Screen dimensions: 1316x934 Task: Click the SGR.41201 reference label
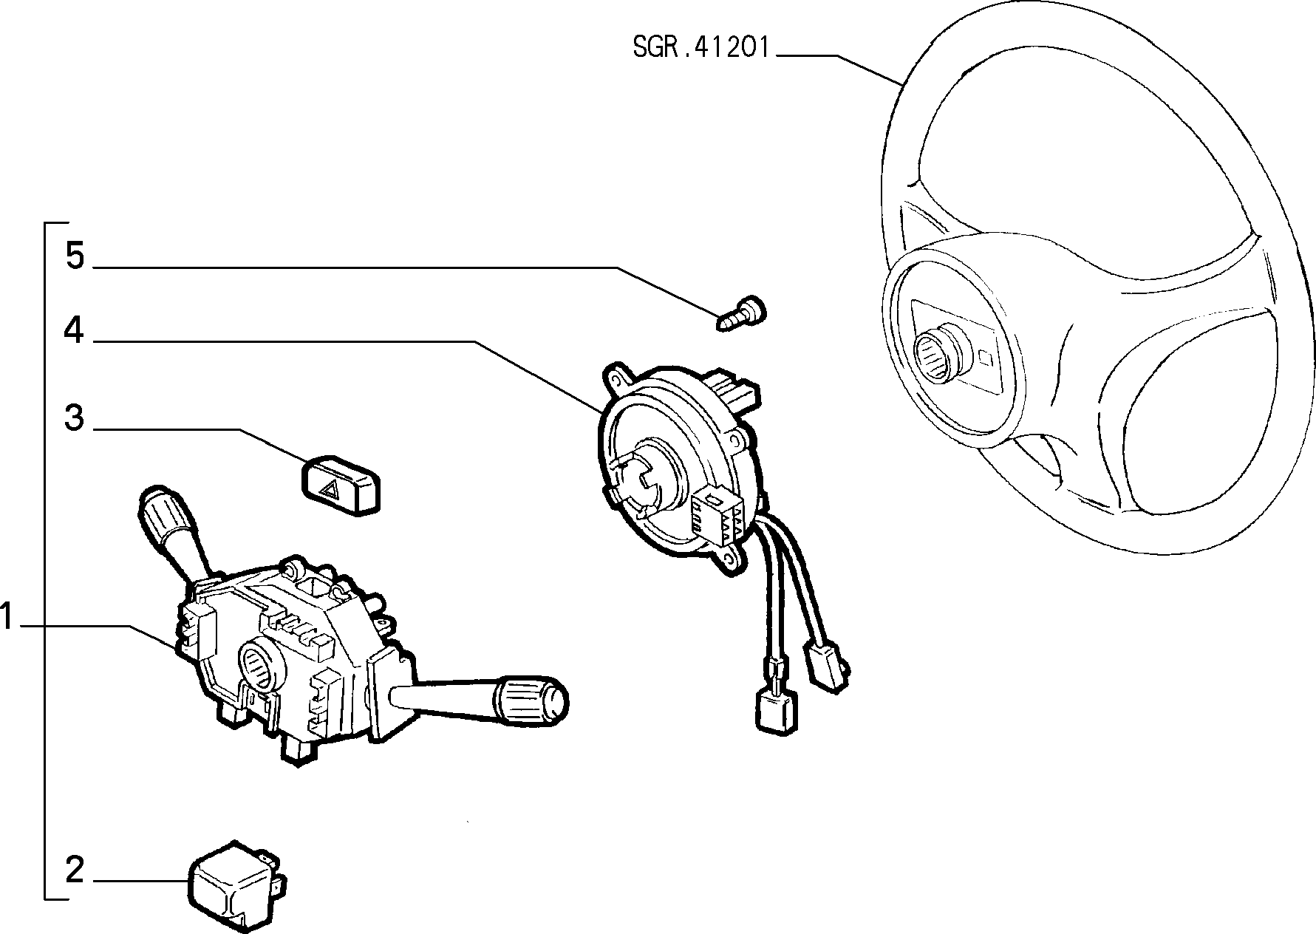(701, 48)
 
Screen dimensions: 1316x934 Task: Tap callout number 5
(75, 256)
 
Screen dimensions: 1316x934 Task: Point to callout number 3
(75, 417)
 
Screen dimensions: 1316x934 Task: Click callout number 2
(75, 870)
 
